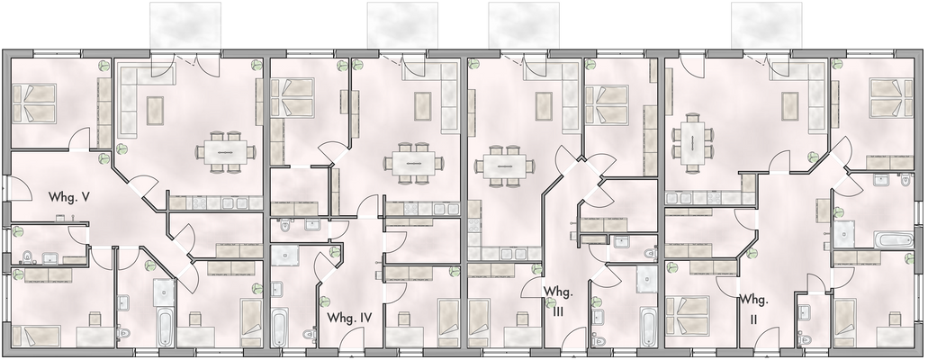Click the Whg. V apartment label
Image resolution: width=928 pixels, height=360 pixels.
pos(68,196)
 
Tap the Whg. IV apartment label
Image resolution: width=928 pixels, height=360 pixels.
pos(350,318)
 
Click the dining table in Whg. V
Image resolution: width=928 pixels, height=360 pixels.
pos(224,153)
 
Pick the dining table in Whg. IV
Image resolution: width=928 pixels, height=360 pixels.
pos(413,163)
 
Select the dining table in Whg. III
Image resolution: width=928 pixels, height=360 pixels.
pos(501,165)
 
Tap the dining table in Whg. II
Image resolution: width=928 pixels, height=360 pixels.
pos(692,140)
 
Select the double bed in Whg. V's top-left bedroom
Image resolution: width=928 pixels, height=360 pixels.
pos(33,104)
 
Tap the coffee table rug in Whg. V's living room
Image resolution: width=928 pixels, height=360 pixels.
pos(151,109)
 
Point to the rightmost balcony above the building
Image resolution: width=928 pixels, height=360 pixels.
pos(766,24)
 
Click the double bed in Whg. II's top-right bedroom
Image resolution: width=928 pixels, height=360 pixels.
pos(890,97)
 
